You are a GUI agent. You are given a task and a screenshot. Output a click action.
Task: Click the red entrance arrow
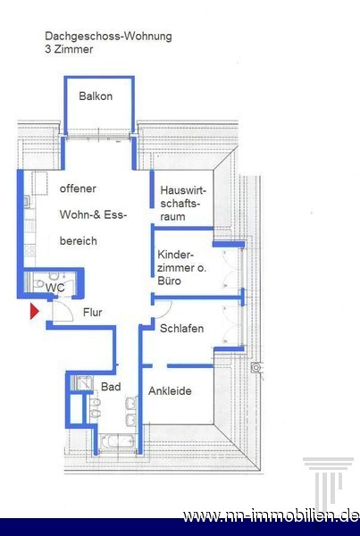(x=34, y=312)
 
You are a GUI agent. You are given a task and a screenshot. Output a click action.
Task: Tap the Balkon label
(x=96, y=96)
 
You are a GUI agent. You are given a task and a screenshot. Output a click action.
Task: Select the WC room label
(x=55, y=288)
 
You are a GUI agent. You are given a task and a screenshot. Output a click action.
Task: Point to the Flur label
(x=92, y=312)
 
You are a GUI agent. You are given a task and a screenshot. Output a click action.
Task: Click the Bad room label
(x=111, y=387)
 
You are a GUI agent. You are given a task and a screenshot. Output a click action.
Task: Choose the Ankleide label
(x=170, y=391)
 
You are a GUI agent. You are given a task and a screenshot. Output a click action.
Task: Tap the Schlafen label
(x=182, y=329)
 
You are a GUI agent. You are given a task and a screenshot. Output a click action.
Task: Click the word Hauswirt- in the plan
(x=184, y=190)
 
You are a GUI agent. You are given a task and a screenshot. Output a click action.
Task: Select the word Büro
(x=169, y=281)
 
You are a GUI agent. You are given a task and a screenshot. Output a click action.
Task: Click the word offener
(x=78, y=188)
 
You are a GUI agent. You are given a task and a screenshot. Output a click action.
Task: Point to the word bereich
(x=79, y=241)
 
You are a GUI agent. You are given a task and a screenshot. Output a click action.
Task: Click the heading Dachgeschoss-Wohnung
(x=108, y=37)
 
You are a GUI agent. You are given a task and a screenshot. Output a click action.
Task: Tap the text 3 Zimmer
(x=69, y=49)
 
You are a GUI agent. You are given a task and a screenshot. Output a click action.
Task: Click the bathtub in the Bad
(x=117, y=442)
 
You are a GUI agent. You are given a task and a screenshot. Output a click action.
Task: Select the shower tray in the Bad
(x=82, y=383)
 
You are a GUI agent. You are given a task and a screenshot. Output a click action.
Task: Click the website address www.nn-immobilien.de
(x=271, y=515)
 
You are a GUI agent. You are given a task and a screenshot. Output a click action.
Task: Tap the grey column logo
(x=328, y=481)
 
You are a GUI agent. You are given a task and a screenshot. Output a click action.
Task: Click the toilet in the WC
(x=38, y=283)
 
